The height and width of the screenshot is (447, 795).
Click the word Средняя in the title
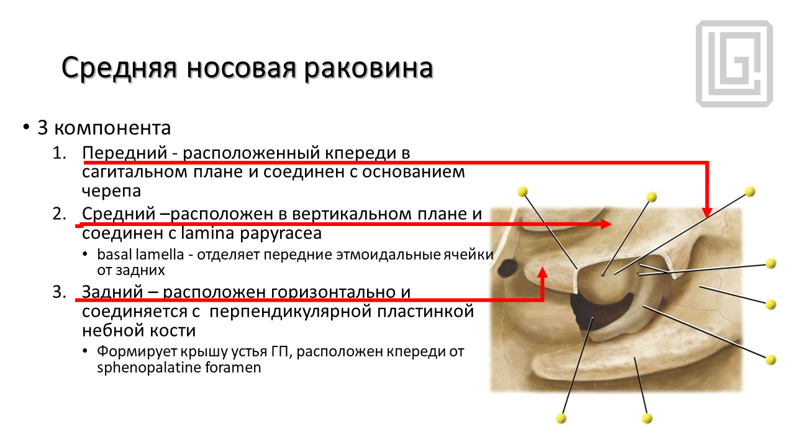click(x=119, y=68)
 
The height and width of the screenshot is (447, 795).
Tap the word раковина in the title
click(x=368, y=68)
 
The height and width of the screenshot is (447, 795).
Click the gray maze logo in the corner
click(x=734, y=63)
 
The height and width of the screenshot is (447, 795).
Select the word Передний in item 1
click(x=125, y=153)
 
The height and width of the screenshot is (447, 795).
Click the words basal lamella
click(x=140, y=255)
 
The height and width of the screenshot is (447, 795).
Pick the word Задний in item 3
click(x=112, y=292)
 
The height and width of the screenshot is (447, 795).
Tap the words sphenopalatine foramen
click(x=179, y=368)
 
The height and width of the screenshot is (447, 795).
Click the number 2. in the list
click(x=59, y=214)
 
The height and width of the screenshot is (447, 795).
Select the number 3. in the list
click(x=59, y=292)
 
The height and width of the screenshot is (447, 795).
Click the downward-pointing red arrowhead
click(x=707, y=213)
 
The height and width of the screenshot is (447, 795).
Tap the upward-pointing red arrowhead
click(x=542, y=273)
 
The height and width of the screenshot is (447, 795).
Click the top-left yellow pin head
click(x=522, y=192)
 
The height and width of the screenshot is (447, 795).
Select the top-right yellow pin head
click(x=750, y=192)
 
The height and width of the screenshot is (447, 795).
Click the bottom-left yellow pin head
click(x=561, y=418)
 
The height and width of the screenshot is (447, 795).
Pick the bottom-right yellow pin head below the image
click(x=647, y=418)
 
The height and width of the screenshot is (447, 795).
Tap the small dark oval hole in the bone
click(x=507, y=268)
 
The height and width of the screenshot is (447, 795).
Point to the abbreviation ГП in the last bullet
click(x=282, y=351)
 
